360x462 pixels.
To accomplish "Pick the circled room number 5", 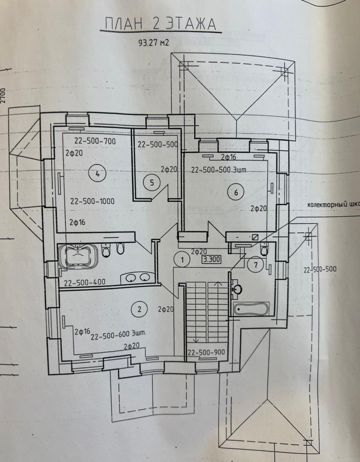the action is pos(152,183).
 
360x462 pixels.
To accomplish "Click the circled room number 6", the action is pos(236,192).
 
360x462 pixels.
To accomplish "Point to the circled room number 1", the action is pos(183,259).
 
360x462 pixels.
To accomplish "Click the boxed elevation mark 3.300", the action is pos(211,259).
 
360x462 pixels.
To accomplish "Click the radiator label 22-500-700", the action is pos(95,141).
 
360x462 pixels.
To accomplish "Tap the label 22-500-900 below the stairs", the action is pos(206,353).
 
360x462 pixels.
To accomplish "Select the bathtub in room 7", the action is pos(251,308).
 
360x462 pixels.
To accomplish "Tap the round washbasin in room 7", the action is pos(237,289).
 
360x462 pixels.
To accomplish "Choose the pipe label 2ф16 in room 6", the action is pos(228,157).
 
